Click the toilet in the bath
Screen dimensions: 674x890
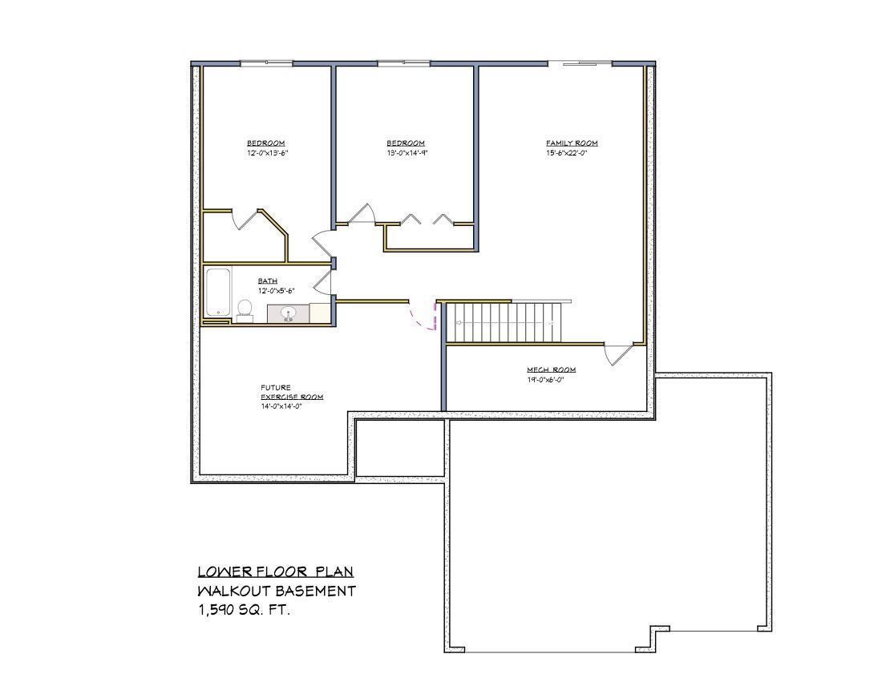click(245, 309)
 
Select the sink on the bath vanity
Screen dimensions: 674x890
click(289, 313)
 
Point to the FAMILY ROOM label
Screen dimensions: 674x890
click(572, 143)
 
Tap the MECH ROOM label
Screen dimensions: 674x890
click(551, 369)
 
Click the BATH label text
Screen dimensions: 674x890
click(268, 281)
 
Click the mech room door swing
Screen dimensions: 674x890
click(618, 354)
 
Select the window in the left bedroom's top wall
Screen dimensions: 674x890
click(266, 63)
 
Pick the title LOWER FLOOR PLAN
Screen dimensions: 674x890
click(275, 571)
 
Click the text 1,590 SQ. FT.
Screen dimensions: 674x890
click(244, 610)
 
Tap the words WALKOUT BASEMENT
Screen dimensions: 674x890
click(277, 591)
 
